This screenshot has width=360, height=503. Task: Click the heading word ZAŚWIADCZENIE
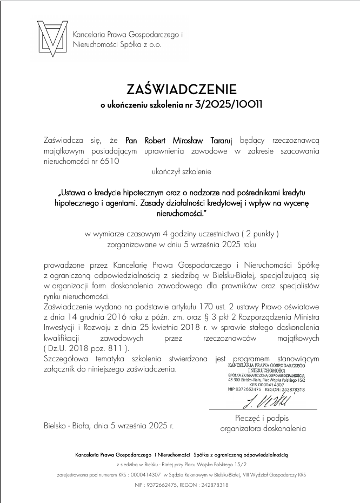tap(182, 88)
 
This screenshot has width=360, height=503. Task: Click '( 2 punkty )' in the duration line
tap(255, 234)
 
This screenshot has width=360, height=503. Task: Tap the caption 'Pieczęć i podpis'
tap(263, 418)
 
